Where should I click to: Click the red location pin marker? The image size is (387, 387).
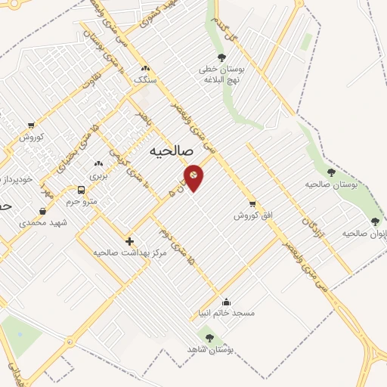193,177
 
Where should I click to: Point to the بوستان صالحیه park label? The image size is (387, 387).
330,184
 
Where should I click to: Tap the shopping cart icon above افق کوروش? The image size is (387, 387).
252,203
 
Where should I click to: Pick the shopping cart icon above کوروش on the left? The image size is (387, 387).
30,125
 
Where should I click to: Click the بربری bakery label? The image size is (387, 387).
98,175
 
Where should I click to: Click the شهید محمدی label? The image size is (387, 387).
44,223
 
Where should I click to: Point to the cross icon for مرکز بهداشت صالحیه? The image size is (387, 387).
129,241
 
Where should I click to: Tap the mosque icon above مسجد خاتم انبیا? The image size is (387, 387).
226,302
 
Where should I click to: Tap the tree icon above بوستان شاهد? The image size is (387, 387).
209,338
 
